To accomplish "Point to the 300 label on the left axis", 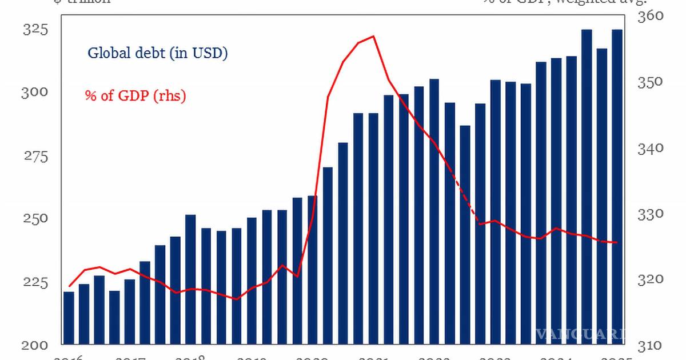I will tap(34, 93).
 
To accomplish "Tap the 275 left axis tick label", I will tap(34, 155).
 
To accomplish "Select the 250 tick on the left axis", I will tap(34, 219).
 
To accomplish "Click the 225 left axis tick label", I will tap(34, 282).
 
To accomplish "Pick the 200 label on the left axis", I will tap(34, 345).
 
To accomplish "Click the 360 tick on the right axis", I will tap(651, 16).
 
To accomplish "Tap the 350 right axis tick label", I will tap(651, 82).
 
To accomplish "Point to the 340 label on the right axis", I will tap(651, 148).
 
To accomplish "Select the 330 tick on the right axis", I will tap(651, 214).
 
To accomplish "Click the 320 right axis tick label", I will tap(651, 279).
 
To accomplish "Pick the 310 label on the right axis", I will tap(651, 345).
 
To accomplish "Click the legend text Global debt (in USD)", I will tap(158, 54).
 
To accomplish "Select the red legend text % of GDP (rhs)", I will tap(136, 95).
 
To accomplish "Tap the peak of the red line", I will tap(373, 37).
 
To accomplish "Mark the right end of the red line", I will tap(617, 243).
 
